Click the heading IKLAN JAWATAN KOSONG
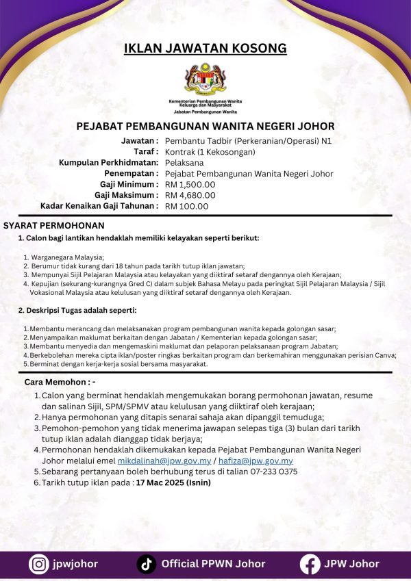205,48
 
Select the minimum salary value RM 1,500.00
190,184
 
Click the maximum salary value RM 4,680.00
190,195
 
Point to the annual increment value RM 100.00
187,205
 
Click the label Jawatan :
139,141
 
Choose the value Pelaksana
184,163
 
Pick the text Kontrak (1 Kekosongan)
210,152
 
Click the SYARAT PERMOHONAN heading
54,225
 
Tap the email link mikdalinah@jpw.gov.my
158,461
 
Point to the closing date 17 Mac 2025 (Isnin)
173,482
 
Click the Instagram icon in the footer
38,564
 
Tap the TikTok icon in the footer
145,564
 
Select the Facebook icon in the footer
310,564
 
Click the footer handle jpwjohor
75,564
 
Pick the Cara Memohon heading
60,380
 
